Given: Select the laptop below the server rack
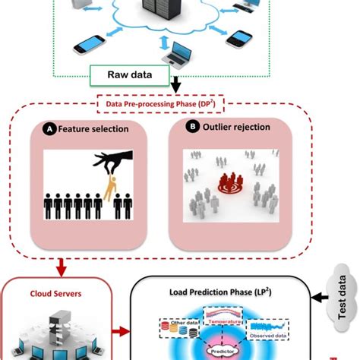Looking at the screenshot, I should click(x=181, y=53).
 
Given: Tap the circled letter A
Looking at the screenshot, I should click(x=49, y=129).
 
